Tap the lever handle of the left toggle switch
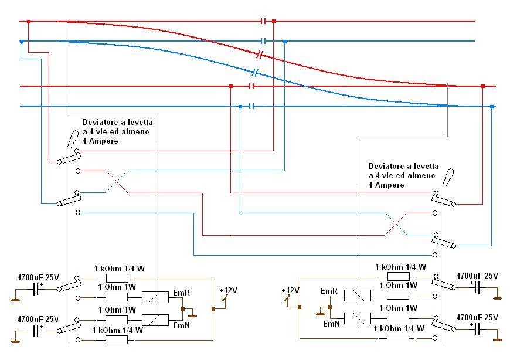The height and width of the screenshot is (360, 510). pyautogui.click(x=72, y=140)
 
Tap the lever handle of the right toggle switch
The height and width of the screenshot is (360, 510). pyautogui.click(x=450, y=178)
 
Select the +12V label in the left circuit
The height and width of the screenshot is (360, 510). pyautogui.click(x=227, y=290)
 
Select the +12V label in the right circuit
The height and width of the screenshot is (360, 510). pyautogui.click(x=290, y=290)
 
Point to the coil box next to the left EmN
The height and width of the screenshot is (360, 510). pyautogui.click(x=155, y=320)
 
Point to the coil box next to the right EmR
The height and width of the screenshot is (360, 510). pyautogui.click(x=356, y=296)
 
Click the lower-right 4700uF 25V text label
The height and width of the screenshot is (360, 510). pyautogui.click(x=477, y=317)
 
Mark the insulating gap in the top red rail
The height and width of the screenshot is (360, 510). pyautogui.click(x=264, y=21)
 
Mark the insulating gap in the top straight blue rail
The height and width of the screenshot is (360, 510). pyautogui.click(x=264, y=41)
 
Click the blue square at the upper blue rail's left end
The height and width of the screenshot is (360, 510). pyautogui.click(x=22, y=42)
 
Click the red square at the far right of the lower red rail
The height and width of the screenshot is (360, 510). pyautogui.click(x=482, y=86)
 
